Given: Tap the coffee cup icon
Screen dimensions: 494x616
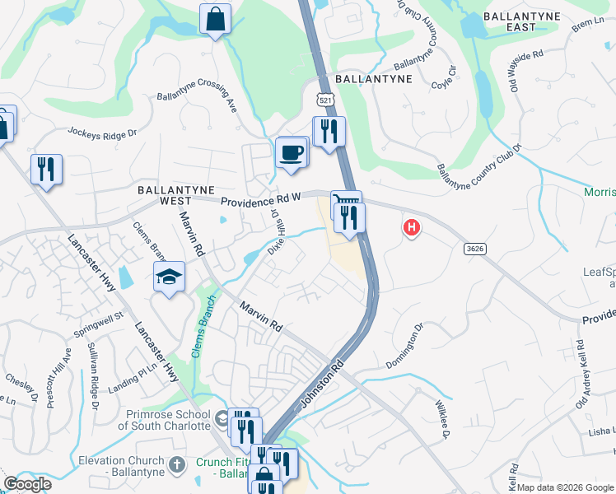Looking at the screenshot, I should pyautogui.click(x=292, y=153).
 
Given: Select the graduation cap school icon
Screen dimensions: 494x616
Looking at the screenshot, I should pyautogui.click(x=168, y=277).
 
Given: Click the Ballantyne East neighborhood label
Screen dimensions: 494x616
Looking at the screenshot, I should pyautogui.click(x=521, y=21).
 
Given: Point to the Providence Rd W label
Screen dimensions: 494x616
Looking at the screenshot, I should pyautogui.click(x=259, y=199).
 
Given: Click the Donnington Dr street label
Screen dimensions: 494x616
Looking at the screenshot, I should pyautogui.click(x=405, y=346).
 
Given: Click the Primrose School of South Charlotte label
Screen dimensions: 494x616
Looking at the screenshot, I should pyautogui.click(x=164, y=420).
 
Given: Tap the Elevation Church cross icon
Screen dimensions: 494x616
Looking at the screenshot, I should pyautogui.click(x=175, y=466).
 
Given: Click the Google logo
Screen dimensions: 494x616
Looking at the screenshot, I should pyautogui.click(x=26, y=484).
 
